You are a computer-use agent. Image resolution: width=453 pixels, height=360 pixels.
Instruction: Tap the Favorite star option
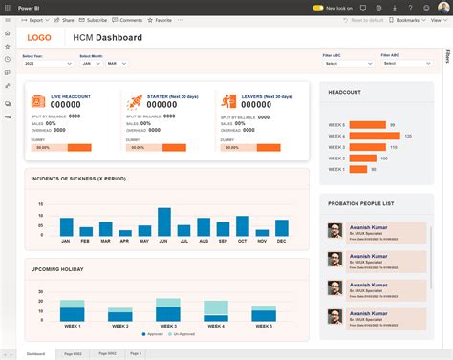point(161,19)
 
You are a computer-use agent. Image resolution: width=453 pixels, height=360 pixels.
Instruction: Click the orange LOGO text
point(40,38)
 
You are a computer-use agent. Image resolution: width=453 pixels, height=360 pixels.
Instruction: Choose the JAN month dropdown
point(88,64)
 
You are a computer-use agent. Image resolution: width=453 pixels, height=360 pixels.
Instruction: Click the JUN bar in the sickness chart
point(162,222)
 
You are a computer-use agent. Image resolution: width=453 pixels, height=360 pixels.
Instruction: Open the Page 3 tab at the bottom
point(136,353)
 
